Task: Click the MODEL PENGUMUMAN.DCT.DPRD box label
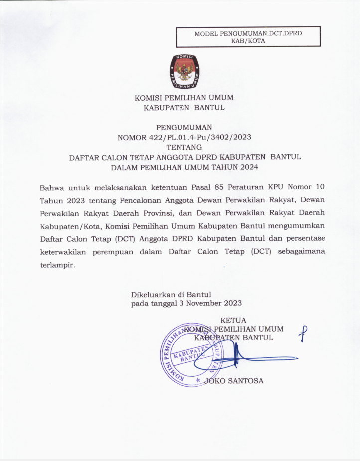(248, 33)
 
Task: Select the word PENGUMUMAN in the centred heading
(184, 127)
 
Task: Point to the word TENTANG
(184, 147)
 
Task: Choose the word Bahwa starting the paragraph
(52, 187)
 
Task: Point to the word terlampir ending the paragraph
(57, 265)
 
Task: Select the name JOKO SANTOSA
(234, 381)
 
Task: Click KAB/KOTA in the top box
(248, 41)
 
